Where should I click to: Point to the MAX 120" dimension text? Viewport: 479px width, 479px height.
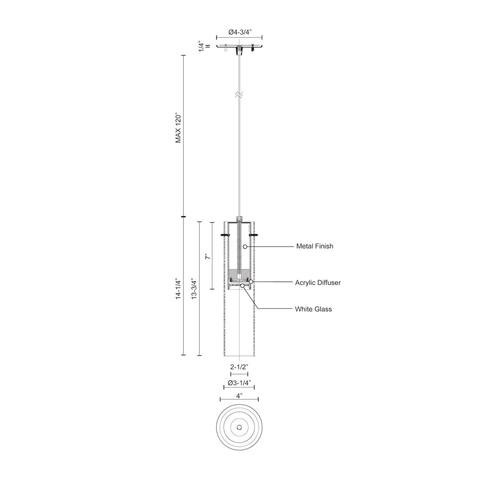[x=178, y=129]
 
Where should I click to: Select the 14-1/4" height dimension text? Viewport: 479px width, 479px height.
[x=178, y=289]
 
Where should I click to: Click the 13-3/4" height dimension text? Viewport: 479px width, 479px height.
[x=193, y=289]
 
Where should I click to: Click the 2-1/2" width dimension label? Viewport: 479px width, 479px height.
[x=239, y=367]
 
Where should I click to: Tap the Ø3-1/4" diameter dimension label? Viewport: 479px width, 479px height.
[x=239, y=383]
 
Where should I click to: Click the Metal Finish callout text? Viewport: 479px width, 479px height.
[x=314, y=246]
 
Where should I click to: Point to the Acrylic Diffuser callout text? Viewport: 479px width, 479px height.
[x=318, y=283]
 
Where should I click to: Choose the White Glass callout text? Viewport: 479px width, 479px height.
[x=313, y=309]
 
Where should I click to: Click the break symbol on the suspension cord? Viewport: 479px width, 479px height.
[x=239, y=95]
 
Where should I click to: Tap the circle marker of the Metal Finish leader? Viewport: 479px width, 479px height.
[x=245, y=247]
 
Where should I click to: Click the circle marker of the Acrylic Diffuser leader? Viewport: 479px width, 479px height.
[x=251, y=282]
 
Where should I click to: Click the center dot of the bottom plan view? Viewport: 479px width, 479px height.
[x=239, y=427]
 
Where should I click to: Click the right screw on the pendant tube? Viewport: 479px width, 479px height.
[x=254, y=235]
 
